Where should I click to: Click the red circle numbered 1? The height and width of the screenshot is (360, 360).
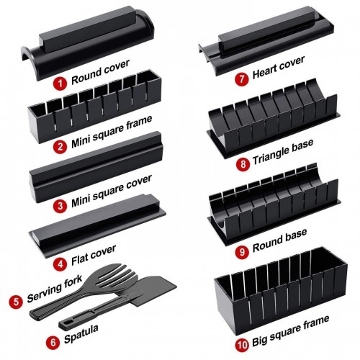click(x=60, y=84)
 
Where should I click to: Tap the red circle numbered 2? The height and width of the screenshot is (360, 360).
click(x=60, y=146)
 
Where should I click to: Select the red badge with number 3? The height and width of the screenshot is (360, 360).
click(x=60, y=206)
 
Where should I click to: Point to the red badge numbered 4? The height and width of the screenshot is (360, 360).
click(x=60, y=264)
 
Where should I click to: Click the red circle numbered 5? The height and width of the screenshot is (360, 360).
click(x=16, y=302)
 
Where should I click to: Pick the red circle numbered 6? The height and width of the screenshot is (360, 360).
click(x=53, y=341)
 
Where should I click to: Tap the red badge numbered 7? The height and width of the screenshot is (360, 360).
click(x=241, y=78)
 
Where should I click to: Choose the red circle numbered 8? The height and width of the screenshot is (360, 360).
click(x=243, y=164)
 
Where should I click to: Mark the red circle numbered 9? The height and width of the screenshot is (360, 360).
click(x=242, y=252)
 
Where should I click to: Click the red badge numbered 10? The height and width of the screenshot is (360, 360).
click(x=242, y=345)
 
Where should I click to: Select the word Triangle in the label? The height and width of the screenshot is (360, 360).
click(x=270, y=156)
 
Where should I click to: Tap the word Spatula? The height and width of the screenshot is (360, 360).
click(x=81, y=334)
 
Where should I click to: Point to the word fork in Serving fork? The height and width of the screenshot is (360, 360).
click(x=73, y=282)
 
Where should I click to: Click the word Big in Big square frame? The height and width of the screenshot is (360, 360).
click(x=260, y=341)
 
